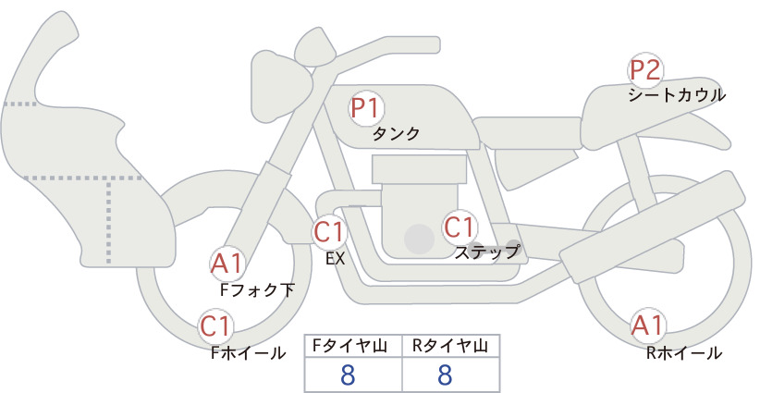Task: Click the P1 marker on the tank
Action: point(365,108)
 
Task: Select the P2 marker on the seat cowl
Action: point(645,69)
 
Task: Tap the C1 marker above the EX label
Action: point(330,232)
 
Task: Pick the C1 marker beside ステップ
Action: point(459,227)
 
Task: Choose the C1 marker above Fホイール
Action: point(215,326)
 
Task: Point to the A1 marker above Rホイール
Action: point(647,325)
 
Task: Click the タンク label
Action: point(396,133)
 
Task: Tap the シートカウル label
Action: point(677,95)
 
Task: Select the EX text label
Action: point(336,259)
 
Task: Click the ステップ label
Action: point(486,252)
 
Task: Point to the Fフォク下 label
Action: point(257,290)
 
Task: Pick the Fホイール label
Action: point(248,353)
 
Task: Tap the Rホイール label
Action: point(684,353)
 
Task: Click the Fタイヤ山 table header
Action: point(349,346)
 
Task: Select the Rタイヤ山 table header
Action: point(450,346)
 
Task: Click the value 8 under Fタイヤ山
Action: point(348,375)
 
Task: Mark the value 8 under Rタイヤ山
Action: point(445,375)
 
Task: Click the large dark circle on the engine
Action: point(419,239)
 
